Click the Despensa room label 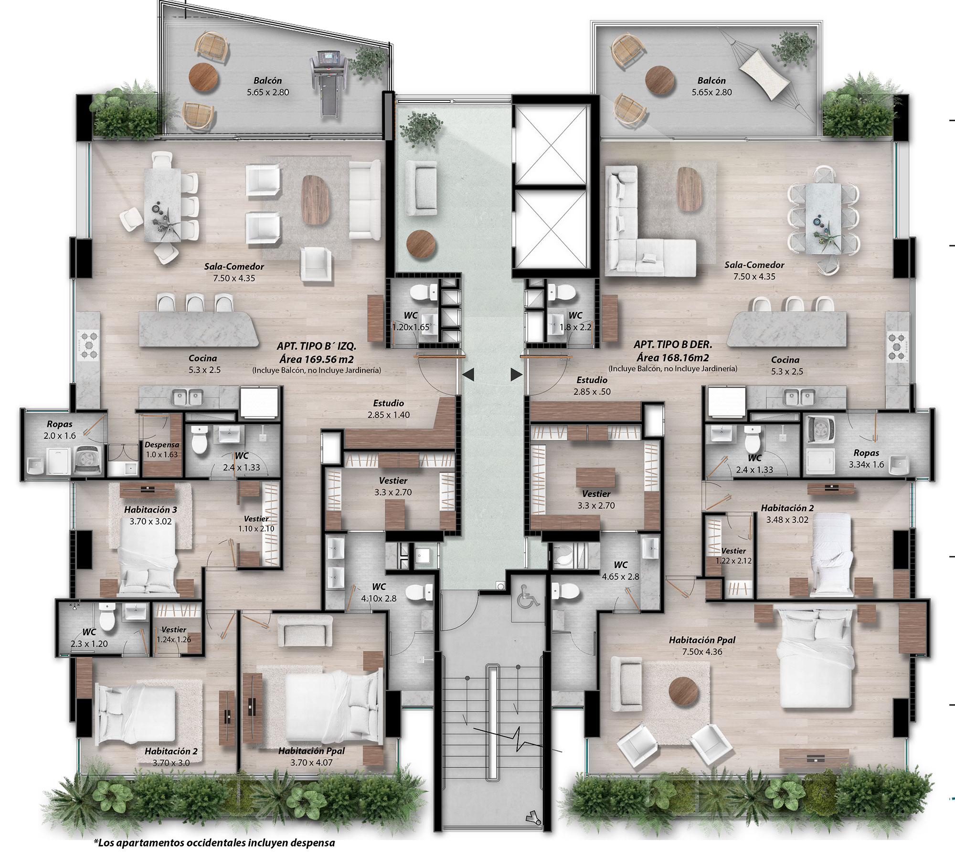[162, 445]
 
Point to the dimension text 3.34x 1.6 [866, 464]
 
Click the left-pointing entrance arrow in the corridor [468, 375]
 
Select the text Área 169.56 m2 [317, 359]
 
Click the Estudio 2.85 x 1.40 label [389, 409]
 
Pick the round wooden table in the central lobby [421, 245]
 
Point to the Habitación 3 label [150, 510]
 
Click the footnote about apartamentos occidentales [214, 842]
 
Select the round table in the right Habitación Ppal [684, 691]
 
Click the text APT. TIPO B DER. [673, 344]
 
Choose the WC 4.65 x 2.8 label [620, 571]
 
